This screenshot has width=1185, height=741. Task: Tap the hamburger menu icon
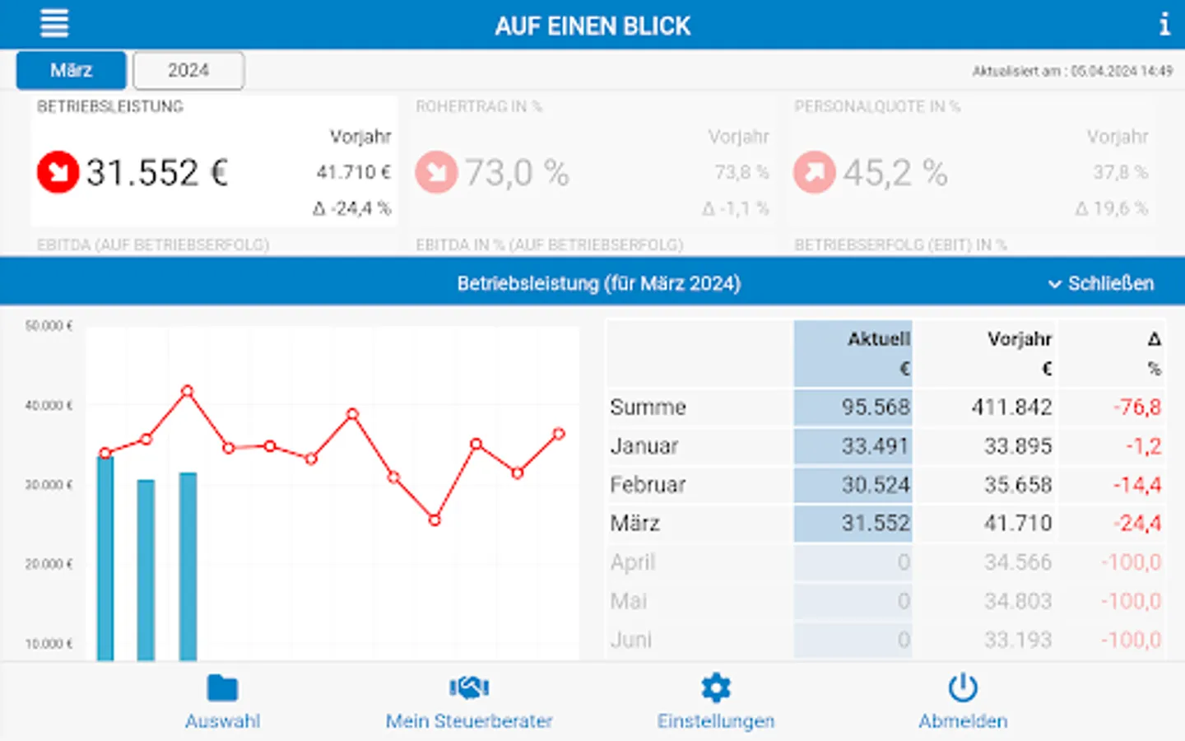click(54, 23)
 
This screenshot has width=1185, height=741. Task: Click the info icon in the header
click(1164, 24)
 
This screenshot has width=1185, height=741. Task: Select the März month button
click(71, 71)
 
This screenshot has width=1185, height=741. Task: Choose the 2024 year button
click(188, 71)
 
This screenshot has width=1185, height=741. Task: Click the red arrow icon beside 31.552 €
click(58, 172)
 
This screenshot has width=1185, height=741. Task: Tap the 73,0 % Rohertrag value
click(517, 173)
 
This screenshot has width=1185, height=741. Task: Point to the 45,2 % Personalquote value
click(895, 173)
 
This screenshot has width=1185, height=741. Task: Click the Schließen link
click(1101, 284)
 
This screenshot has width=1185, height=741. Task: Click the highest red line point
click(188, 391)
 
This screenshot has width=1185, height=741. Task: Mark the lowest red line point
click(434, 520)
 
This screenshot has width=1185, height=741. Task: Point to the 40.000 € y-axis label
click(49, 405)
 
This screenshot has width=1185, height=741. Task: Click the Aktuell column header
click(878, 339)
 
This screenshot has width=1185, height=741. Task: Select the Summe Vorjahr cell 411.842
click(1011, 407)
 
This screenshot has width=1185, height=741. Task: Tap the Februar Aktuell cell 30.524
click(875, 484)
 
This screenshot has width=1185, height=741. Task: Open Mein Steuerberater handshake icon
click(469, 687)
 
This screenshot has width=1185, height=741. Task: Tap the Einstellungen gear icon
click(715, 687)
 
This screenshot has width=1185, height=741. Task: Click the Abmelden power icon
click(962, 687)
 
